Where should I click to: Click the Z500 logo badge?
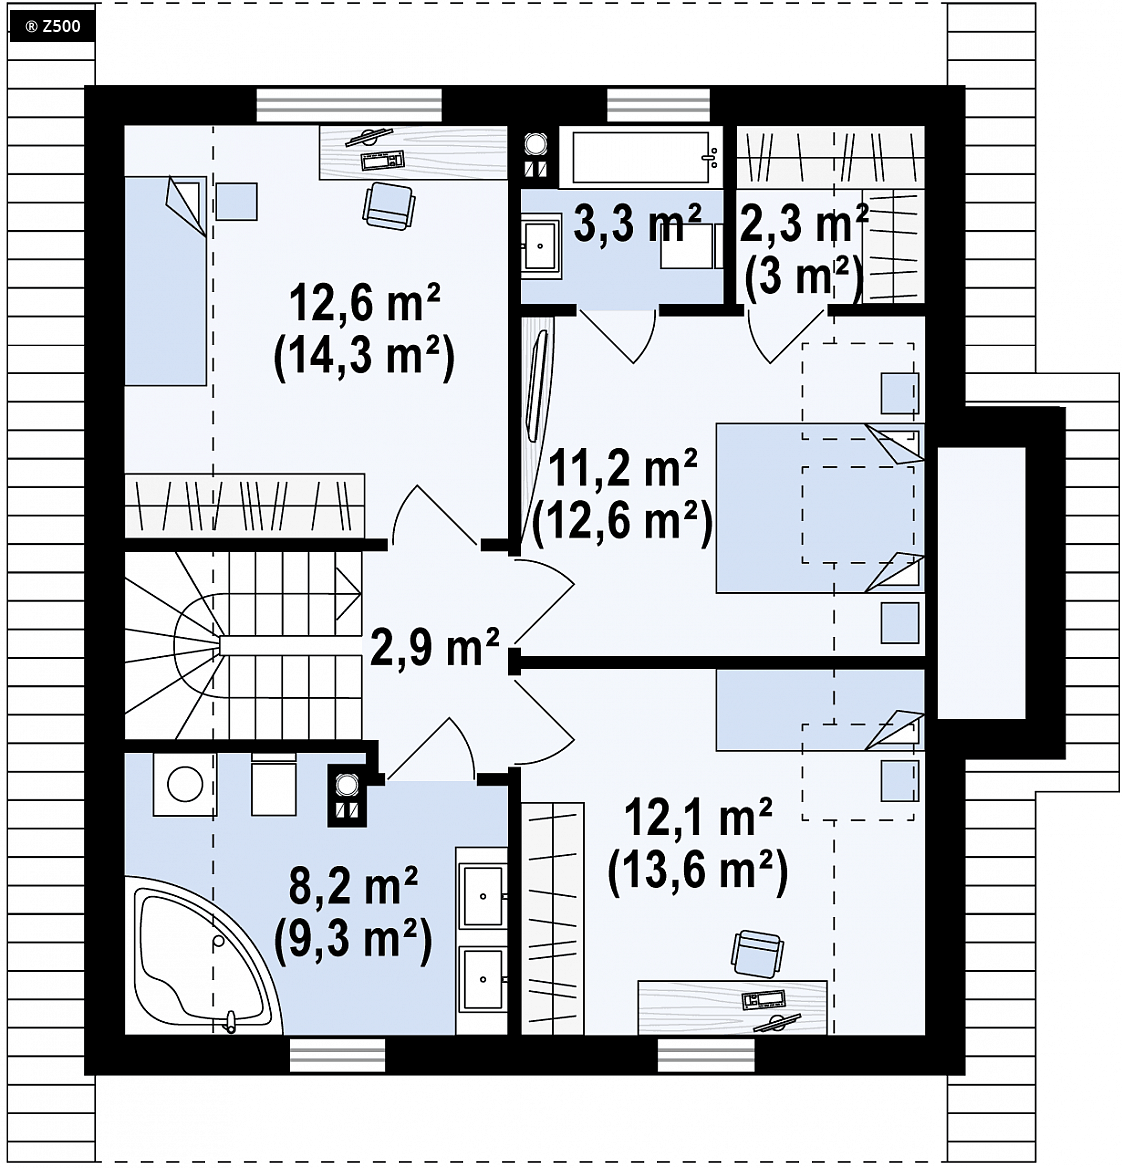click(x=51, y=27)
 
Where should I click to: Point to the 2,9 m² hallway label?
click(x=434, y=647)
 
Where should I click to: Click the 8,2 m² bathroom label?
click(x=352, y=885)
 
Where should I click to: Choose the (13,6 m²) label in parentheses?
click(x=697, y=870)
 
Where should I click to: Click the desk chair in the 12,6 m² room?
click(x=388, y=206)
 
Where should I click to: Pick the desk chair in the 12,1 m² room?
click(x=757, y=953)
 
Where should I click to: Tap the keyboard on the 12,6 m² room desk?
click(x=382, y=160)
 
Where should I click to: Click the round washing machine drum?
click(x=185, y=784)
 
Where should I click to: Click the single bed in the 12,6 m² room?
click(x=165, y=281)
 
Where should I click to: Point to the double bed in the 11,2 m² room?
click(x=820, y=508)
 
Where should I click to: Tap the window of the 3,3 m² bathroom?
click(x=658, y=105)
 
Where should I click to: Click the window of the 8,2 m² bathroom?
click(x=337, y=1056)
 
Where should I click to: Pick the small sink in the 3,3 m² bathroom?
click(x=541, y=245)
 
